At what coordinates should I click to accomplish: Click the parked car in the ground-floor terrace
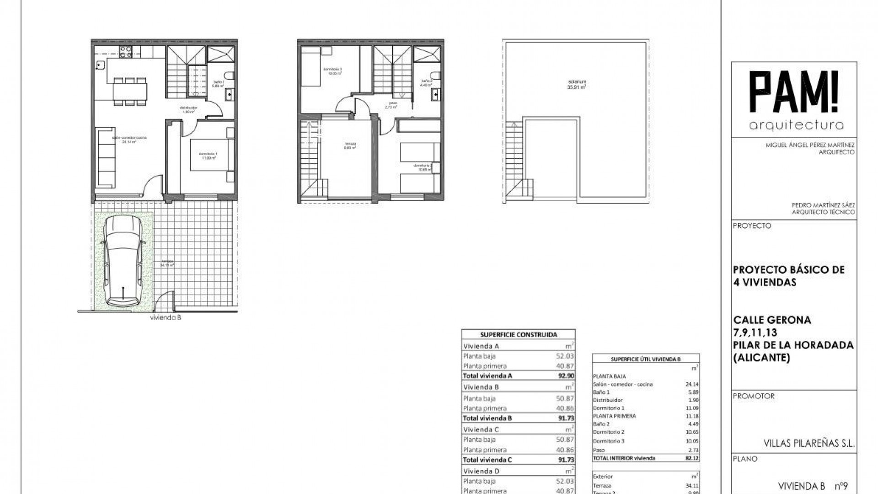click(x=123, y=261)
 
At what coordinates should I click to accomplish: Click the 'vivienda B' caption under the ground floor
click(x=166, y=318)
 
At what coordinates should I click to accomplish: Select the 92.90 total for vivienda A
click(x=566, y=376)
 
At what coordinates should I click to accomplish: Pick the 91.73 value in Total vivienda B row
click(x=566, y=418)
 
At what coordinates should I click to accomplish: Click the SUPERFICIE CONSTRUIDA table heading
click(x=519, y=335)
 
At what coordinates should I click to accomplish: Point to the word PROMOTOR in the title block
click(x=754, y=396)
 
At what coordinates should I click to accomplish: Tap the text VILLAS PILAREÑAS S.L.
click(x=809, y=443)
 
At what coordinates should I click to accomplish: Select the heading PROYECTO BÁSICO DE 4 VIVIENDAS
click(x=788, y=276)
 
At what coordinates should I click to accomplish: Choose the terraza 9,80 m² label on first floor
click(x=351, y=146)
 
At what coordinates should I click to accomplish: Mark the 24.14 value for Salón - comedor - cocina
click(x=693, y=384)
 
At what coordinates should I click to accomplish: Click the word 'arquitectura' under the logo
click(x=796, y=125)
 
